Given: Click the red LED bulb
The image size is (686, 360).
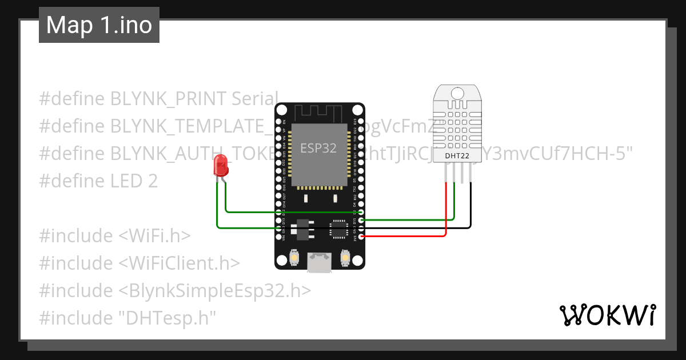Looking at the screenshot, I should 220,165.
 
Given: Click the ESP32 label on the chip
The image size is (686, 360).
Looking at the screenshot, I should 318,149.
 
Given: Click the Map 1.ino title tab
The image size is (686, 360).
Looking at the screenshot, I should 99,26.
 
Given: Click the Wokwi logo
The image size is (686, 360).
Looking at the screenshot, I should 607,315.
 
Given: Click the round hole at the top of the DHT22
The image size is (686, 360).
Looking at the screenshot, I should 457,93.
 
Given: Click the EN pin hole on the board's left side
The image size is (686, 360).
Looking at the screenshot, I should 278,122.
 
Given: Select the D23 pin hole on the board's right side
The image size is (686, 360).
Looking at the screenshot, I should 361,122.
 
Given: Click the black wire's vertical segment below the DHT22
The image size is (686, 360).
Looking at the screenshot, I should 471,206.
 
